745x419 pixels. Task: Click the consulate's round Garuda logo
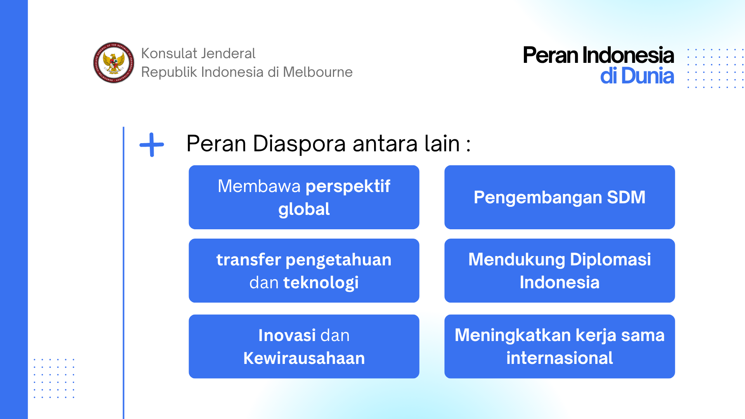coord(114,62)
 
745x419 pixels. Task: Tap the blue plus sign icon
coord(152,145)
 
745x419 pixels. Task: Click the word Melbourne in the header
coord(318,72)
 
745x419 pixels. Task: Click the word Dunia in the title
coord(648,76)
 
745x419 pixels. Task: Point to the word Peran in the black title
coord(551,55)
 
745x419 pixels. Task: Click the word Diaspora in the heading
coord(299,144)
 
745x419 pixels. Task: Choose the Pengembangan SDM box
coord(560,197)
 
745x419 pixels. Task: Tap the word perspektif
coord(348,187)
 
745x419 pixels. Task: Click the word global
coord(304,209)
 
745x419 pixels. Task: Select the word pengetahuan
coord(338,260)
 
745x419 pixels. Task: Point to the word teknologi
coord(321,283)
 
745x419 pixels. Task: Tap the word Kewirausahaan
coord(304,358)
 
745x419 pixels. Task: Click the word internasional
coord(560,358)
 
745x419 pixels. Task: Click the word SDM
coord(626,197)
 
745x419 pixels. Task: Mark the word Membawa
coord(259,186)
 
